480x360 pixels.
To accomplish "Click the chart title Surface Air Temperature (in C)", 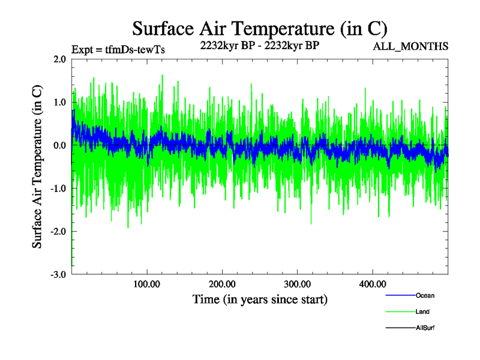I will click(260, 28).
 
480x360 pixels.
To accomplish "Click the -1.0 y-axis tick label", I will click(58, 188).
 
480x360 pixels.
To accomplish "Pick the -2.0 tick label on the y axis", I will click(58, 232).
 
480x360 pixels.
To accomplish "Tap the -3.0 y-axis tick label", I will click(58, 275).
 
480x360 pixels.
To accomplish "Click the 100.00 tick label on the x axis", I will click(146, 284).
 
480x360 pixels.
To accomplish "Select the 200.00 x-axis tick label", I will click(222, 284).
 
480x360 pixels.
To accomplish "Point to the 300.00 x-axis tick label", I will click(297, 284).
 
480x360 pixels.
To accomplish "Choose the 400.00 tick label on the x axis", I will click(372, 284).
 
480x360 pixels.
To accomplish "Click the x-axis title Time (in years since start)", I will click(260, 299).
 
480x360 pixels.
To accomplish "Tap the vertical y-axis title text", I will click(37, 167).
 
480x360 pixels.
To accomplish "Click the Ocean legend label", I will click(425, 296).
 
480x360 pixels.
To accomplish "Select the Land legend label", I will click(422, 312).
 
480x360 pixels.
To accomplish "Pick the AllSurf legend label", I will click(425, 328).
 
